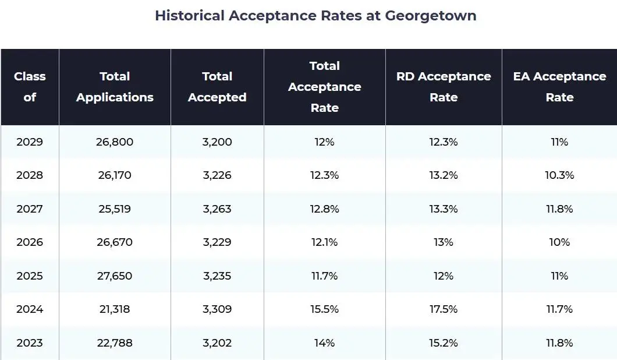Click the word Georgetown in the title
(x=431, y=16)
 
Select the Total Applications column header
(x=115, y=87)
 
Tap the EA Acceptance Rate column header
(x=559, y=87)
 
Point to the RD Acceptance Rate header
(x=444, y=87)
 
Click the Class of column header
(x=30, y=87)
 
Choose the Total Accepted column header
(x=217, y=87)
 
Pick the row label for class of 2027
(x=30, y=209)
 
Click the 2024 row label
(x=30, y=309)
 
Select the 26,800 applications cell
(x=115, y=142)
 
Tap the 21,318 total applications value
(x=115, y=309)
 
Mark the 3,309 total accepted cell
(x=217, y=309)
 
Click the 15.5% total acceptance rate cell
(x=325, y=309)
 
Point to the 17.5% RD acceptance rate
(x=444, y=309)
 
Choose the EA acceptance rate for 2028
(x=559, y=175)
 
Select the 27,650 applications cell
(x=115, y=276)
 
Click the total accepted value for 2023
(x=217, y=343)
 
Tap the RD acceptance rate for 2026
(x=444, y=242)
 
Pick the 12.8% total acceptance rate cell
(x=325, y=209)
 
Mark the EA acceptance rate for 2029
(x=559, y=142)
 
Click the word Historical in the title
(x=190, y=16)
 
